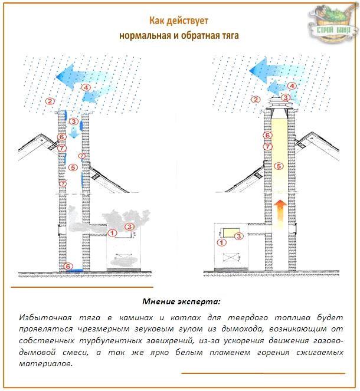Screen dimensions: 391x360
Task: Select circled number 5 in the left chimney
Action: (x=73, y=167)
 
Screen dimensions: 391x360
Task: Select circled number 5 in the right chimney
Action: (x=279, y=166)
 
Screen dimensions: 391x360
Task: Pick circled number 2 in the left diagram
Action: (x=51, y=101)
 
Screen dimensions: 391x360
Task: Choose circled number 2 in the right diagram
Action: (x=256, y=99)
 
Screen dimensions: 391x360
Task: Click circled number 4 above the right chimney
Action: (x=292, y=86)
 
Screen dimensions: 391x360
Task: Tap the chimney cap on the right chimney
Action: (x=280, y=109)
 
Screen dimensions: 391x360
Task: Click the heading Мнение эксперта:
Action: (x=181, y=301)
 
